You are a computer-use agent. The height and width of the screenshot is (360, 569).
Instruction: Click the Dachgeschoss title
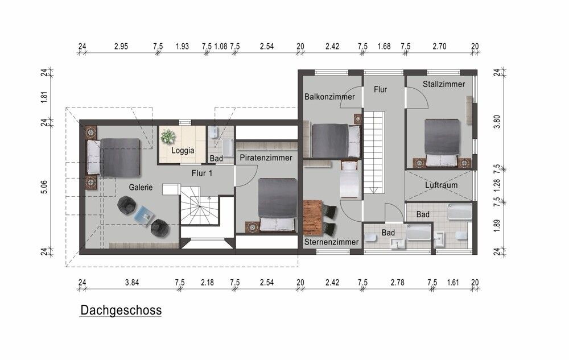coord(121,311)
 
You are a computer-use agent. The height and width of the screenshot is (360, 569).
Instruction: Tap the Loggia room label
coord(183,151)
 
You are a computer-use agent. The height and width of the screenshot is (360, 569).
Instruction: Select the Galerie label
coord(141,188)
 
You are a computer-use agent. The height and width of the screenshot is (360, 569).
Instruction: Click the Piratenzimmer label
coord(266,158)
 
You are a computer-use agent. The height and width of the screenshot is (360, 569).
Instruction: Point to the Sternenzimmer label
coord(331,242)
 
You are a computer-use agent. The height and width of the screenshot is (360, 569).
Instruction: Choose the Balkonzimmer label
coord(329,97)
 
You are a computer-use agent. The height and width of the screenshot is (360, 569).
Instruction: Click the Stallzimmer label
coord(444,84)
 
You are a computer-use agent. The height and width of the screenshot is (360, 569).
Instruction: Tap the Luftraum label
coord(442,185)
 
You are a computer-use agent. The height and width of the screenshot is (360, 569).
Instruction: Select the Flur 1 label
coord(202,173)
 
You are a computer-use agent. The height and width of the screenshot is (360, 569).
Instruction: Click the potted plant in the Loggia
coord(168,136)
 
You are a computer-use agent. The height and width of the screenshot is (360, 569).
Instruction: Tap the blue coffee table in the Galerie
coord(143,214)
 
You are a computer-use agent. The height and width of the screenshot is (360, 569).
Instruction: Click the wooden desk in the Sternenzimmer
coord(313,217)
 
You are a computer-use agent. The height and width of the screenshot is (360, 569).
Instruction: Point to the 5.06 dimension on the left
coord(44,187)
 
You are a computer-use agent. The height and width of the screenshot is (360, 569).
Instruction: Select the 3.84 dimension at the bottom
coord(132,283)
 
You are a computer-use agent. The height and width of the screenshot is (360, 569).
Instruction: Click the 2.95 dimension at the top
coord(121,47)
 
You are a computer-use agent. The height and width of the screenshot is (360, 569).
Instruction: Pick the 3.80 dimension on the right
coord(497,122)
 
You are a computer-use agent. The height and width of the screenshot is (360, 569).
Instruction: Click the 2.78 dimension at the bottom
coord(397,283)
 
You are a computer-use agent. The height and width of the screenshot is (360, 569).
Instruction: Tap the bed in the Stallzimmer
coord(442,143)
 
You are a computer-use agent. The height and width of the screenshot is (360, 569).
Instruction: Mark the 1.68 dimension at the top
coord(384,47)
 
